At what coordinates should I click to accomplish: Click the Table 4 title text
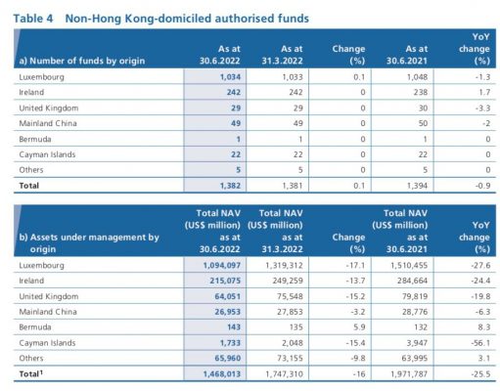tap(160, 19)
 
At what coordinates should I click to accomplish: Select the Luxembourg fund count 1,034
tap(230, 77)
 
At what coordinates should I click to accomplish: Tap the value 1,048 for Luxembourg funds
tap(417, 77)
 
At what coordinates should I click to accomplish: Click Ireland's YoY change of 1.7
tap(484, 92)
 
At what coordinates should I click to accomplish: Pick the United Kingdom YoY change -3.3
tap(482, 108)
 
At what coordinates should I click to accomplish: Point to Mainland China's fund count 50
tap(423, 123)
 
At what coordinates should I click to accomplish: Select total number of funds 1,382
tap(230, 186)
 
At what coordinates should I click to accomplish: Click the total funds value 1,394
tap(417, 186)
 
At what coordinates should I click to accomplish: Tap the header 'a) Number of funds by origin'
tap(82, 61)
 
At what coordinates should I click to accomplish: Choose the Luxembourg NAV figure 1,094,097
tap(222, 265)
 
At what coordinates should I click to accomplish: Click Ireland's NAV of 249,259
tap(288, 281)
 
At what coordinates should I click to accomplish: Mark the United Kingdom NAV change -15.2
tap(355, 296)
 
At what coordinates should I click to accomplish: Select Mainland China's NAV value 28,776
tap(415, 312)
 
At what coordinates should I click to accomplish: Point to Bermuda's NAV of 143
tap(234, 327)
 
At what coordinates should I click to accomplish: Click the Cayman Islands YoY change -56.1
tap(480, 343)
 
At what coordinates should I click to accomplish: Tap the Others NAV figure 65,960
tap(228, 358)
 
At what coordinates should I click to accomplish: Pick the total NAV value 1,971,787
tap(409, 374)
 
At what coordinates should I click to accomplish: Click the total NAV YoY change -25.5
tap(480, 374)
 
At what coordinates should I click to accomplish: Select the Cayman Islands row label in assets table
tap(47, 343)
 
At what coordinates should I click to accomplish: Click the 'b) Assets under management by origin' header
tap(89, 243)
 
